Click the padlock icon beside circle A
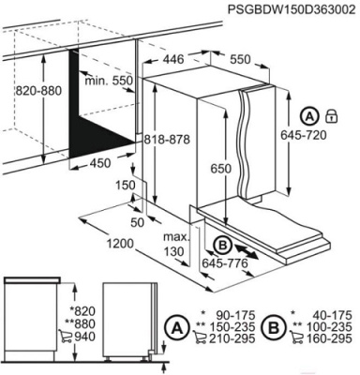(x=332, y=116)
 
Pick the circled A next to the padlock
(x=310, y=116)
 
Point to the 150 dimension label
(x=126, y=187)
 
